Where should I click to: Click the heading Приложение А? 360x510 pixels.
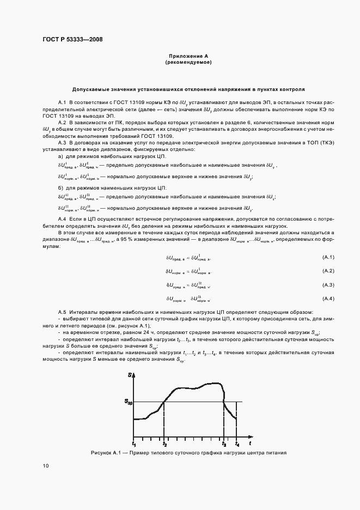(188, 56)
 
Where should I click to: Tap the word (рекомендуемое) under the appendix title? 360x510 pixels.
(188, 63)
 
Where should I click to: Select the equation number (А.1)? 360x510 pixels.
(328, 257)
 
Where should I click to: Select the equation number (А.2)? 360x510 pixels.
(328, 271)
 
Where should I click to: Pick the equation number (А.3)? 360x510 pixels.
(328, 285)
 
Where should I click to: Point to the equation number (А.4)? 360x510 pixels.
(328, 299)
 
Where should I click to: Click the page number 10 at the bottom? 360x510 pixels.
(45, 466)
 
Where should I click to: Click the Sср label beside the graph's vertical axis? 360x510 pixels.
(128, 403)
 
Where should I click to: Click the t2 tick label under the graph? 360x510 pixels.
(164, 445)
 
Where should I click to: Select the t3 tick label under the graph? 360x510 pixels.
(223, 445)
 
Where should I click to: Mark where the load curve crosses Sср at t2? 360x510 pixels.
(164, 403)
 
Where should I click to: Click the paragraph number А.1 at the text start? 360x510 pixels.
(62, 102)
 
